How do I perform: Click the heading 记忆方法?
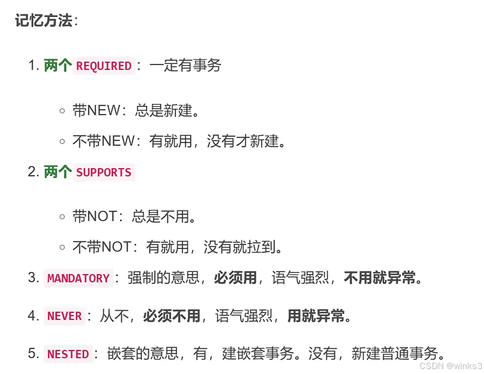click(x=44, y=21)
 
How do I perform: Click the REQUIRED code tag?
click(x=104, y=66)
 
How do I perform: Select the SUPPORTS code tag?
click(x=104, y=173)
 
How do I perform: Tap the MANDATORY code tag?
click(x=79, y=278)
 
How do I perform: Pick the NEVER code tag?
click(x=64, y=316)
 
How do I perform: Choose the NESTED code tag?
click(x=68, y=354)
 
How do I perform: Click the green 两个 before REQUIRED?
click(x=58, y=66)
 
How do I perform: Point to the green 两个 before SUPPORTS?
click(x=58, y=173)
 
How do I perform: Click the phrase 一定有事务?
click(x=185, y=66)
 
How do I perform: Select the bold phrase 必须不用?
click(x=171, y=316)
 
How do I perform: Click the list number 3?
click(x=33, y=278)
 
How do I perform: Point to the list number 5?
click(x=33, y=354)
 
